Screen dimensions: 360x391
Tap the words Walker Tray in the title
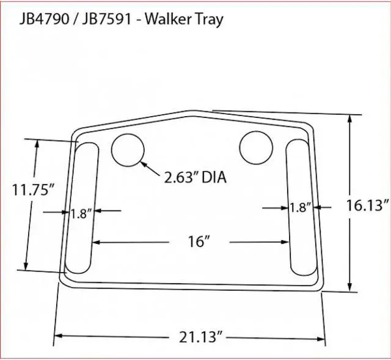coord(183,19)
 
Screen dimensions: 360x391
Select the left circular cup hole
coord(128,149)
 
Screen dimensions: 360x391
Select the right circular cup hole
coord(256,147)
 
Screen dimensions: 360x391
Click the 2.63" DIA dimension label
coord(194,178)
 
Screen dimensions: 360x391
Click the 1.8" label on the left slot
coord(81,213)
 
